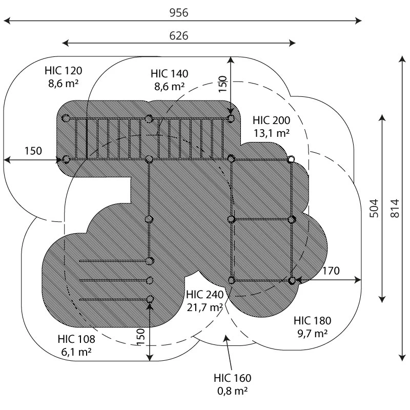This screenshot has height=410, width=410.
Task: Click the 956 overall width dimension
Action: point(179,12)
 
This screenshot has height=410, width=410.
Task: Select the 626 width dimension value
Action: point(179,36)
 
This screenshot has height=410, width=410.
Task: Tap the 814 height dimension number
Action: point(395,208)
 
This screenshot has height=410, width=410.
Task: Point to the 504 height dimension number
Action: point(374,208)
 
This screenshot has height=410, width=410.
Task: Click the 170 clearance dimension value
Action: point(331,271)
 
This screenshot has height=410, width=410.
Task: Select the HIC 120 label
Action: point(63,71)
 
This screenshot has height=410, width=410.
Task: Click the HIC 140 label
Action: point(170,74)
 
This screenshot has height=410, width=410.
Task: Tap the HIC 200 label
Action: point(272,120)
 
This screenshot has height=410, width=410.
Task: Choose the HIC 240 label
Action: point(204,295)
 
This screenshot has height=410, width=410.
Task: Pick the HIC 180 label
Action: point(312,321)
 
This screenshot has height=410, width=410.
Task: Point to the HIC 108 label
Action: point(76,339)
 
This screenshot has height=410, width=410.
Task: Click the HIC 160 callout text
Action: point(233,378)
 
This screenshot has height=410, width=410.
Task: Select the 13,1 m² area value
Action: point(272,133)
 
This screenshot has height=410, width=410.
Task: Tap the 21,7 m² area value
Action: point(204,307)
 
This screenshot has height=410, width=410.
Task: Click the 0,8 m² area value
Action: point(233,391)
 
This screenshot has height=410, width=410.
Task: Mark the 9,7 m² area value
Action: point(313,334)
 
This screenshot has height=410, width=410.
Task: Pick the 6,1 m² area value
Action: point(76,352)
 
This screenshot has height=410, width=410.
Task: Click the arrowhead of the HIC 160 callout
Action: point(226,338)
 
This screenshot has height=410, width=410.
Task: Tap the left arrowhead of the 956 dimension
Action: point(7,20)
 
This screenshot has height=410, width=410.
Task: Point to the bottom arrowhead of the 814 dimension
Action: point(402,358)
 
